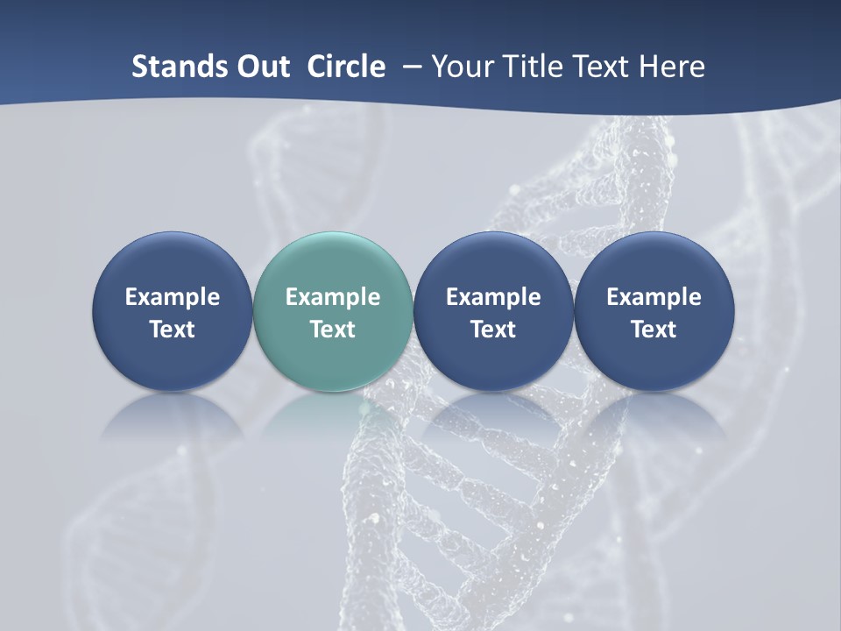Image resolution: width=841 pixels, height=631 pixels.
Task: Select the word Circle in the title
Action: [346, 67]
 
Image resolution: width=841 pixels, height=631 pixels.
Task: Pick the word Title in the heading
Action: [528, 67]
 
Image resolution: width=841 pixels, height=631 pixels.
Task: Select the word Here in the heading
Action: [671, 67]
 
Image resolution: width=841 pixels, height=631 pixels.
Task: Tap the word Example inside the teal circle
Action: [333, 297]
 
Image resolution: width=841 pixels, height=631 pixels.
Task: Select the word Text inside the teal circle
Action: [333, 330]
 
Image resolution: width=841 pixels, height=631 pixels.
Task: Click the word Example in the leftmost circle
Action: [173, 297]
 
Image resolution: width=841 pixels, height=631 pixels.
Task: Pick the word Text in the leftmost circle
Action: [173, 330]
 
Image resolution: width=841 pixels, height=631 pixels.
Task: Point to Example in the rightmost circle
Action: [654, 297]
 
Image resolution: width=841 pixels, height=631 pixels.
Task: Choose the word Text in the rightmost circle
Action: [654, 330]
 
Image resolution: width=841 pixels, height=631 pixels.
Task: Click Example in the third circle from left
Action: [493, 297]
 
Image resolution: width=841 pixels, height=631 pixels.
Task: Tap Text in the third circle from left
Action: [493, 330]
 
